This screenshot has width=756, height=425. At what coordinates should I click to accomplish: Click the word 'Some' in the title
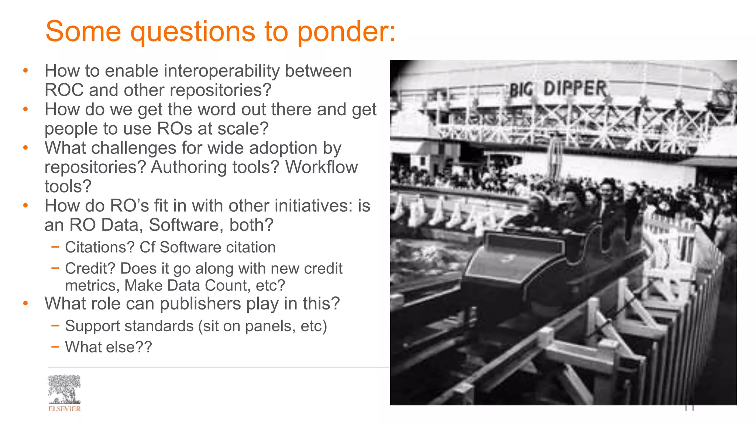coord(83,31)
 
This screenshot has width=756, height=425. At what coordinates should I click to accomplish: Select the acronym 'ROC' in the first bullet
coord(64,90)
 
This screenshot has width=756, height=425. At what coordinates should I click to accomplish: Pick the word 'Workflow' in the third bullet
coord(321,167)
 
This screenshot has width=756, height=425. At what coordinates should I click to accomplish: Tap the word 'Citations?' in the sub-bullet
coord(100,248)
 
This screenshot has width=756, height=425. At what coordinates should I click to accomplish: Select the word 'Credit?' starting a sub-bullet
coord(90,269)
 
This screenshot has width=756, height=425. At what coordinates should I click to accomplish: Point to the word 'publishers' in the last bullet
coord(200,304)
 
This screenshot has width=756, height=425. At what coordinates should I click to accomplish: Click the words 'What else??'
coord(108,347)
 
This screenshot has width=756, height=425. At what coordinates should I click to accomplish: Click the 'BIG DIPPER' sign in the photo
coord(558,89)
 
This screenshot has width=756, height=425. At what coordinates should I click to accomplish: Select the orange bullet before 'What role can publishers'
coord(25,304)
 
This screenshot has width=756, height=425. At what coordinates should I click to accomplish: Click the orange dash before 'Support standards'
coord(55,325)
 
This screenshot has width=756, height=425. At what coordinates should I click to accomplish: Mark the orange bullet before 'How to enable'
coord(25,71)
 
